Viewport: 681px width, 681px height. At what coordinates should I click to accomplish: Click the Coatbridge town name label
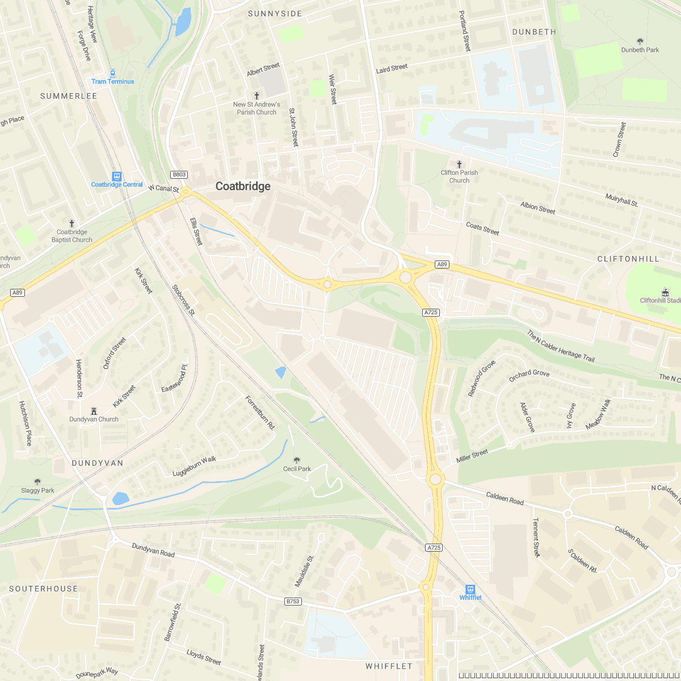pos(243,186)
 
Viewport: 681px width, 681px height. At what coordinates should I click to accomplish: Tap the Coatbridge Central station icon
pos(116,176)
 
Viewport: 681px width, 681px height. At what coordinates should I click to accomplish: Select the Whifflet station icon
pos(470,589)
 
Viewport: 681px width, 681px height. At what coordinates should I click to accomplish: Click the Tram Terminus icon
pos(113,73)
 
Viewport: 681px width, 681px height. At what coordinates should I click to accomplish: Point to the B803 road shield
pos(179,175)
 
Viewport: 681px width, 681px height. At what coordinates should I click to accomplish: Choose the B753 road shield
pos(293,601)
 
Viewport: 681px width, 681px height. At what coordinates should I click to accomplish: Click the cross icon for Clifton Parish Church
pos(459,164)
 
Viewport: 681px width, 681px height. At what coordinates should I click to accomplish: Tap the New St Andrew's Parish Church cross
pos(257,96)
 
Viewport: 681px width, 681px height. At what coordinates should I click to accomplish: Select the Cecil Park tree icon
pos(296,460)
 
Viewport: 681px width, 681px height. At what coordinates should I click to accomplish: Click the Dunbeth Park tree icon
pos(640,41)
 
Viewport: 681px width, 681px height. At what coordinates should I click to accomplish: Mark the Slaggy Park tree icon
pos(38,482)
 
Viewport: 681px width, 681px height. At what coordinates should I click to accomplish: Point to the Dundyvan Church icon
pos(94,410)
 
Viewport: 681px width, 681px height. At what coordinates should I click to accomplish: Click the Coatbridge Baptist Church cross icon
pos(72,224)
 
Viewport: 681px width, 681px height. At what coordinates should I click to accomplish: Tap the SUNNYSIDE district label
pos(275,14)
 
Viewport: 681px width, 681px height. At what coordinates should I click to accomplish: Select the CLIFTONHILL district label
pos(628,259)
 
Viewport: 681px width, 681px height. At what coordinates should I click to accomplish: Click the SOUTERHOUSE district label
pos(44,588)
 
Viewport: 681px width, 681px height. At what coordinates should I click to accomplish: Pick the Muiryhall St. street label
pos(621,200)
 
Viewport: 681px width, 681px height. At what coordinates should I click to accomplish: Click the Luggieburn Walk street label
pos(195,466)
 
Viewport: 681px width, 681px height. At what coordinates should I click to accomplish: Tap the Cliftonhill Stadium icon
pos(665,292)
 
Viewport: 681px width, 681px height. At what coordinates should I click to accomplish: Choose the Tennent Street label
pos(536,537)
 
